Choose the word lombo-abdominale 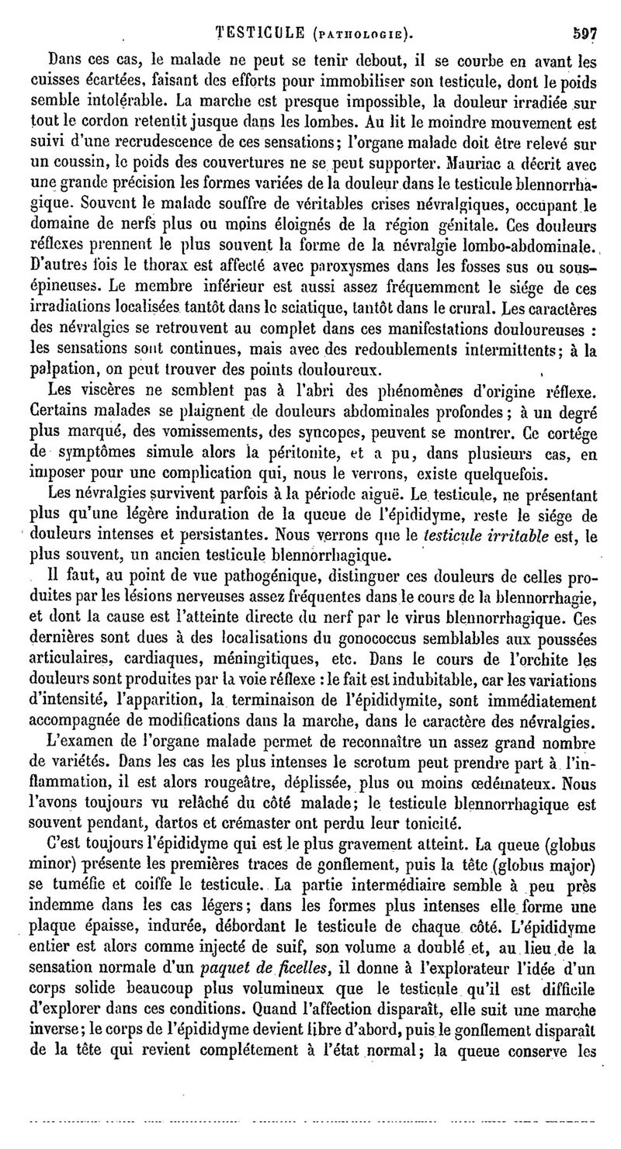[x=512, y=248]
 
